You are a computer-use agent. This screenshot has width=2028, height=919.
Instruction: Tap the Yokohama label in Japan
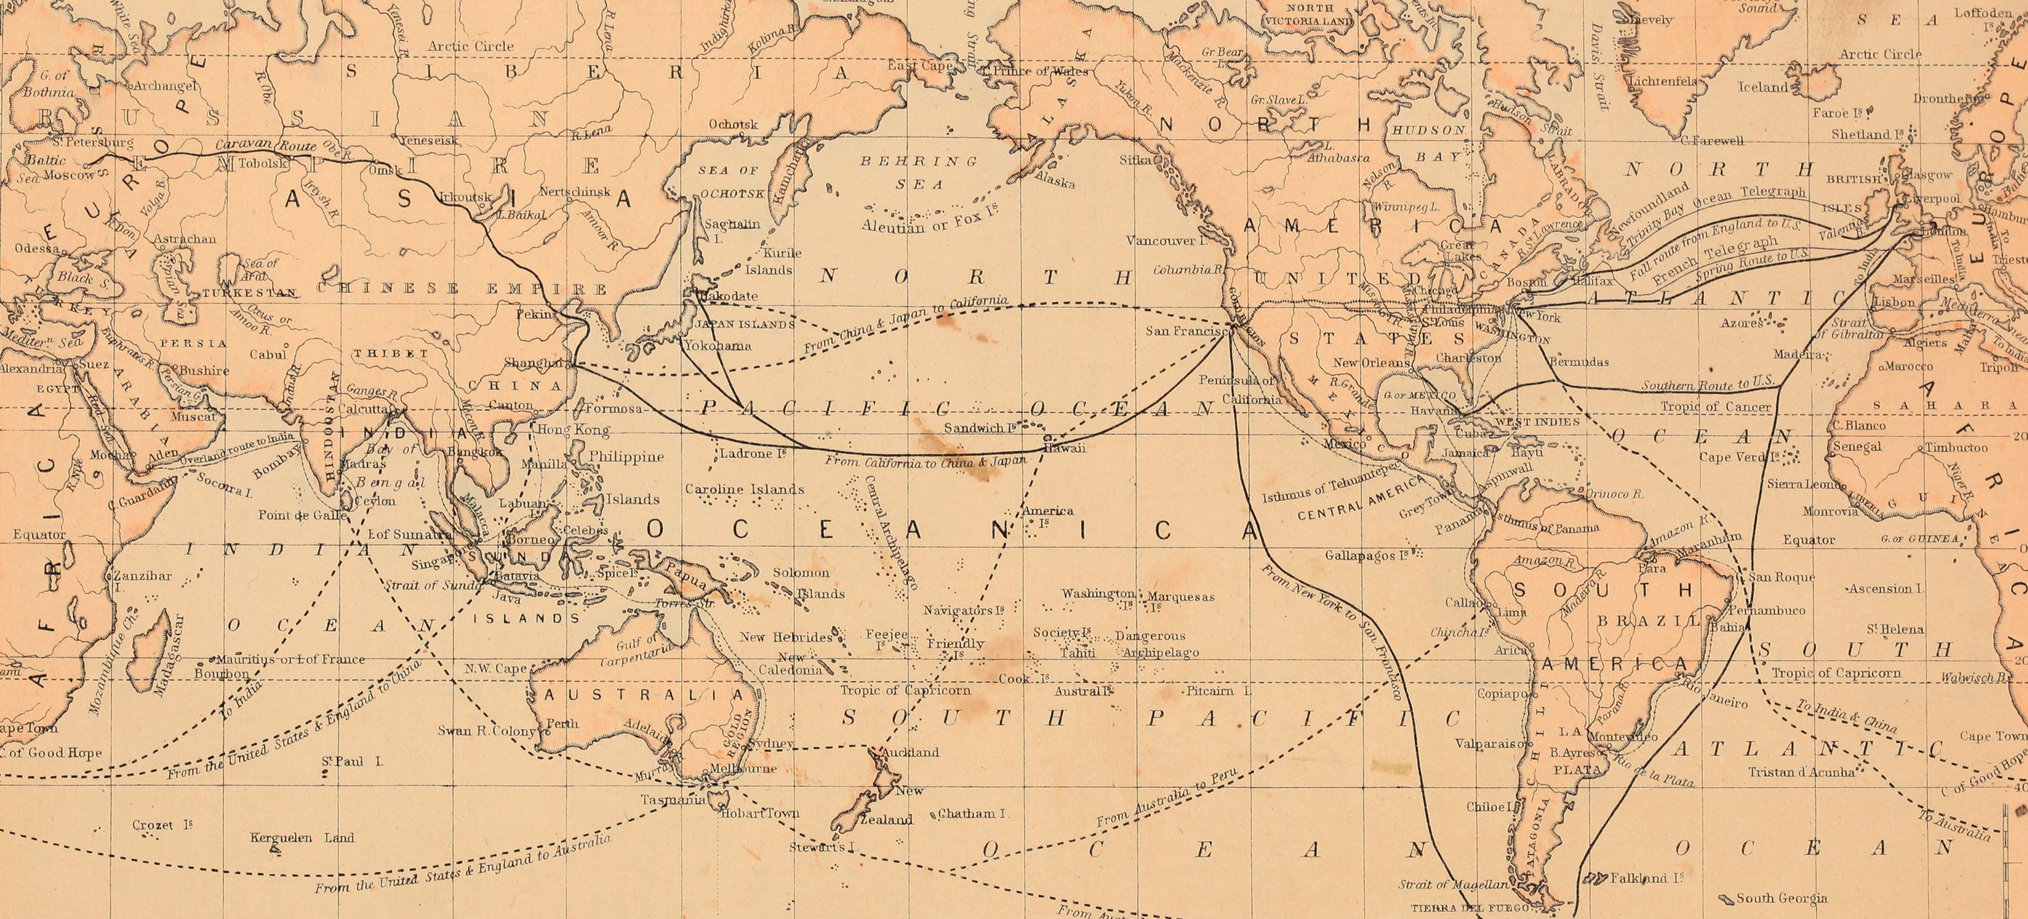click(717, 346)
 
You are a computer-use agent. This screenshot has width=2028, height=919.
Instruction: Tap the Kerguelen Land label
click(302, 838)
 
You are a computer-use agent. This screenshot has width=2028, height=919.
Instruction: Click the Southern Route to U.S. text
click(1708, 385)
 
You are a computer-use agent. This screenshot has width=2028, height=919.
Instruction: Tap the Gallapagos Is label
click(1366, 555)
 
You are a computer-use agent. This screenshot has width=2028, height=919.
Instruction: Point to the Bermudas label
click(1579, 362)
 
